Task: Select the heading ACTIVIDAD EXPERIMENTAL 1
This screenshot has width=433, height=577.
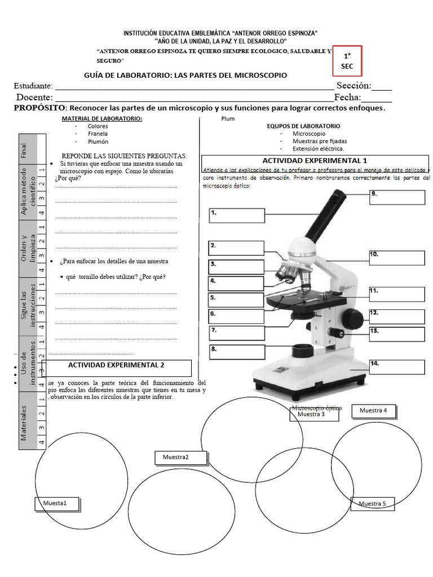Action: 315,161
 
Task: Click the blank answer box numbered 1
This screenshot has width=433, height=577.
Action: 237,216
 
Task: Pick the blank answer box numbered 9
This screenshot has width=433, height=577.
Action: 397,197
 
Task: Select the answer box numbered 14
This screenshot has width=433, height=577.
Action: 397,367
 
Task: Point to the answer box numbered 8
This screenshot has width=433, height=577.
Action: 237,352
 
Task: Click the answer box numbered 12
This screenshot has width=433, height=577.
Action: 397,316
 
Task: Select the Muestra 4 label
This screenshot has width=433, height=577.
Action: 374,411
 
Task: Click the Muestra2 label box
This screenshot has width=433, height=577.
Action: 176,458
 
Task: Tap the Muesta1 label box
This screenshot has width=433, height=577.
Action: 57,504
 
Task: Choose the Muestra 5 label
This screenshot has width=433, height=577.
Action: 372,504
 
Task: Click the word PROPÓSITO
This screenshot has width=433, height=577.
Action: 39,108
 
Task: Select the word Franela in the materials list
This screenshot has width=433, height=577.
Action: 98,135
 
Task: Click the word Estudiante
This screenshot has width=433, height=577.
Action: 33,86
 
